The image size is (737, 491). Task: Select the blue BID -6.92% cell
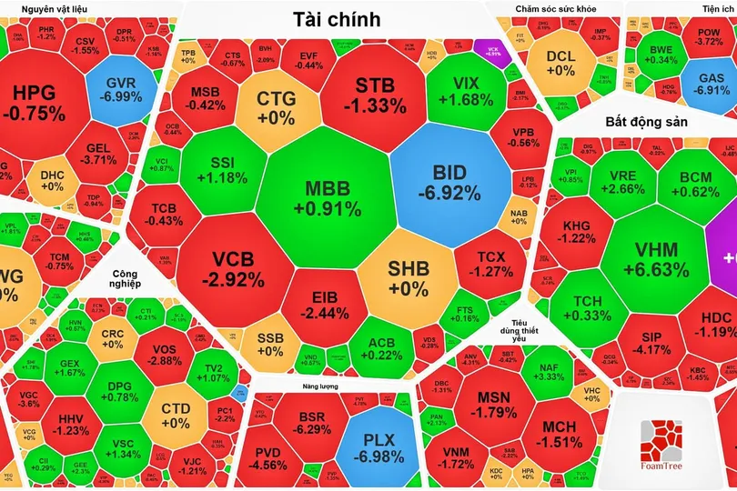tap(449, 182)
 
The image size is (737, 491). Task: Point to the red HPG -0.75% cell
tap(34, 104)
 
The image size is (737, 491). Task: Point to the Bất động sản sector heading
tap(646, 121)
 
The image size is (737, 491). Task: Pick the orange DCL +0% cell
tap(560, 62)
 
